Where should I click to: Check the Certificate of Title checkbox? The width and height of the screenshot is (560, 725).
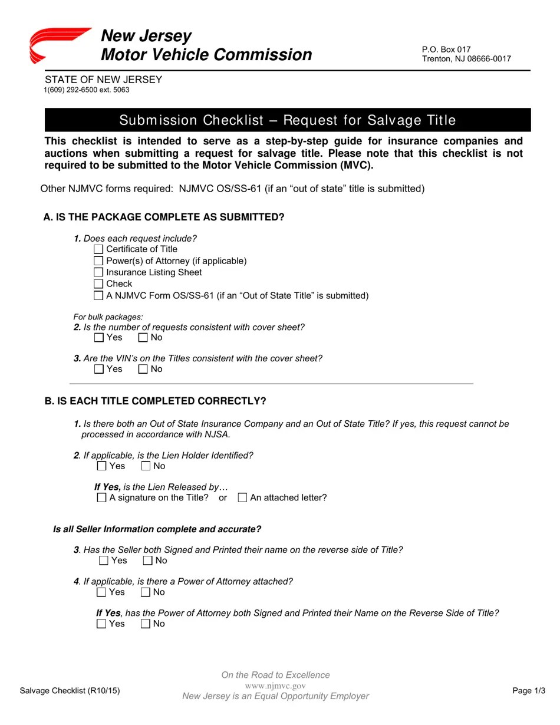(x=99, y=249)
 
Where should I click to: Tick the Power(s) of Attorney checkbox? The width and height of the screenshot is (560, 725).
(x=99, y=261)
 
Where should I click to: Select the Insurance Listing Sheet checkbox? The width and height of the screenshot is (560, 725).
(x=99, y=272)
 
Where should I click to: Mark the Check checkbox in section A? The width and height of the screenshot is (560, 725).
(x=99, y=284)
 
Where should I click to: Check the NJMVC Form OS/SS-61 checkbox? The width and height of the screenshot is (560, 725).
(x=99, y=296)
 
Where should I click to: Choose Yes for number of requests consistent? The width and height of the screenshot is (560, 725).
(x=99, y=338)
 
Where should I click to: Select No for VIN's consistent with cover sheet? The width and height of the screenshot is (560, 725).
(x=143, y=370)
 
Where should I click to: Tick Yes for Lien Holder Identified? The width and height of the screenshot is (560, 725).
(x=102, y=466)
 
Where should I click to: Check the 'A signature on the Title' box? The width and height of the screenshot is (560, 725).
(x=101, y=498)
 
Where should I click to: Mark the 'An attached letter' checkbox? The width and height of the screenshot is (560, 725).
(x=242, y=498)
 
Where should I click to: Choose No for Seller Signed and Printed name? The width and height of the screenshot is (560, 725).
(x=148, y=561)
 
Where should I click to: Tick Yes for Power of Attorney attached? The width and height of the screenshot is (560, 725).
(x=101, y=592)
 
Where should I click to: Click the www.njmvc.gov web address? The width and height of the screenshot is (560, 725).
(x=275, y=686)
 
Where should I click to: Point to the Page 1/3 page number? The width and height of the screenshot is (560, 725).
(x=528, y=691)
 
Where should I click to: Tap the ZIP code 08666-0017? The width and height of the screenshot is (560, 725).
(x=489, y=59)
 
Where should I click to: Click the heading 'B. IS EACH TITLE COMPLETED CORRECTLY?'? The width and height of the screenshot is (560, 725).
(x=156, y=401)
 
